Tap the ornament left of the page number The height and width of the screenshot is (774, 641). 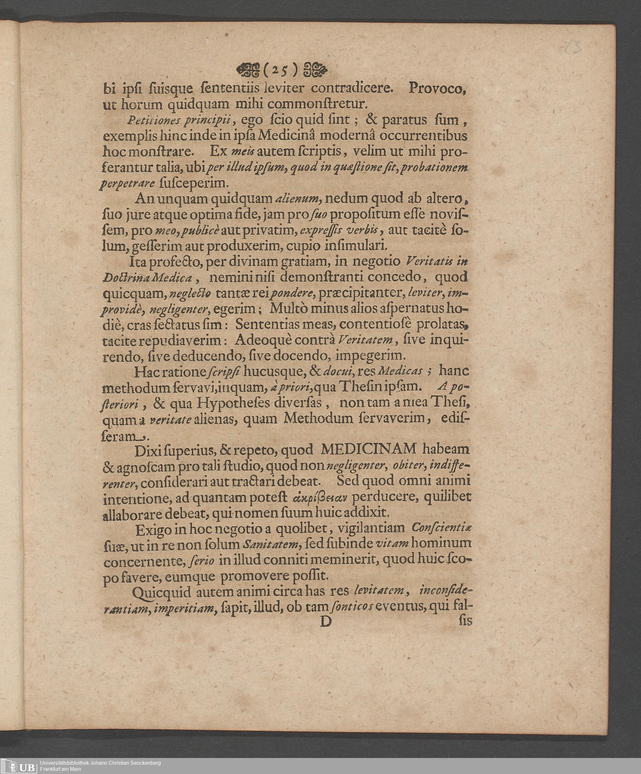tap(248, 69)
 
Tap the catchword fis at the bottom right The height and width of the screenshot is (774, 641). tap(465, 621)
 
